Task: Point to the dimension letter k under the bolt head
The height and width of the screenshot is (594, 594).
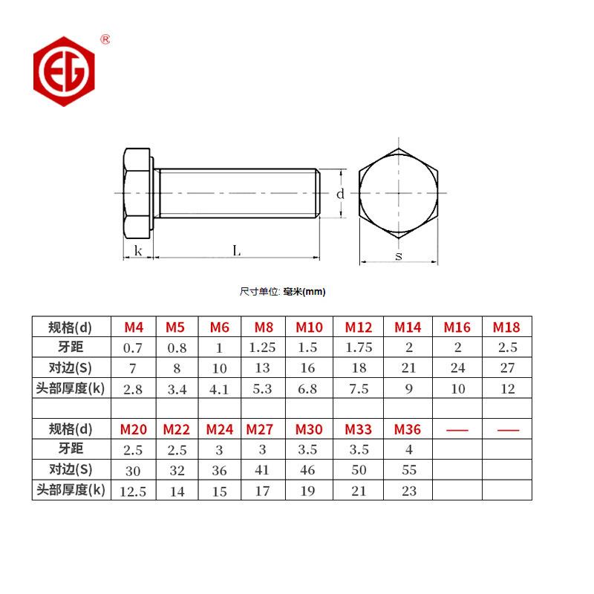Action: pyautogui.click(x=138, y=251)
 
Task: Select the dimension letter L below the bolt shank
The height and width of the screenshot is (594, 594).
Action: pyautogui.click(x=237, y=251)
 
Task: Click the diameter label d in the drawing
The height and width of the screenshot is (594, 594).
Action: pyautogui.click(x=340, y=194)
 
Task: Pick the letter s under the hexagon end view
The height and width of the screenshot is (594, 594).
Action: pyautogui.click(x=399, y=256)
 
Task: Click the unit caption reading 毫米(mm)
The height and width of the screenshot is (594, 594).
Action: pyautogui.click(x=304, y=292)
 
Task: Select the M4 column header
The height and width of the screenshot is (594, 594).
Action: pyautogui.click(x=134, y=327)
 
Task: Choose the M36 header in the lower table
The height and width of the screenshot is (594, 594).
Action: pyautogui.click(x=408, y=429)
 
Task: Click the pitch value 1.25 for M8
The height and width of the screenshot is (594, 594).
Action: pyautogui.click(x=262, y=347)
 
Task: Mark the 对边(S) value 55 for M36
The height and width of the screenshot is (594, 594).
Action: pyautogui.click(x=408, y=470)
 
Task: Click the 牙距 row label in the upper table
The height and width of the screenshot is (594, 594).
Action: pyautogui.click(x=71, y=347)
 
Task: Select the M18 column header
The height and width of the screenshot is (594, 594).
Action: pyautogui.click(x=506, y=327)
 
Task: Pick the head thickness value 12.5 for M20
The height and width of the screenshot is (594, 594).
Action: pyautogui.click(x=134, y=491)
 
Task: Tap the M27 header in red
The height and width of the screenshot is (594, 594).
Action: pyautogui.click(x=260, y=429)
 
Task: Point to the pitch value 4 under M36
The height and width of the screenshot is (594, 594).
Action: pyautogui.click(x=408, y=449)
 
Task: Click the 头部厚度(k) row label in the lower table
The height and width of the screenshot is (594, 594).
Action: pyautogui.click(x=71, y=490)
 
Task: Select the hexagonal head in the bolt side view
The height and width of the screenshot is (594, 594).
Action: pyautogui.click(x=137, y=193)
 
